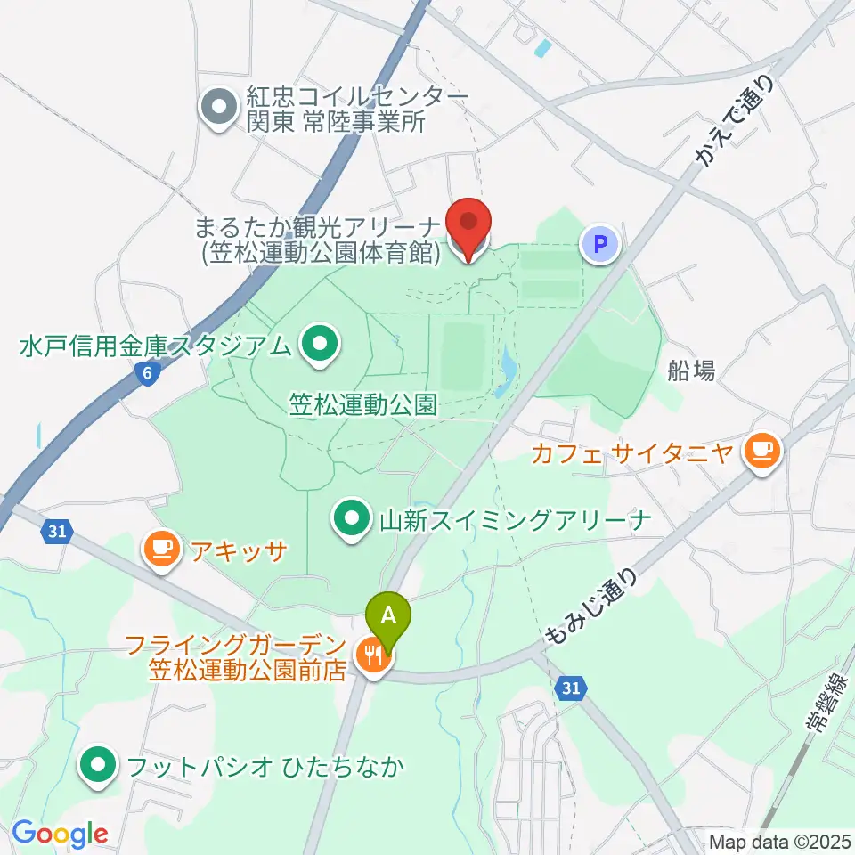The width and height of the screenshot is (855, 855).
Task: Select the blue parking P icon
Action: point(601,243)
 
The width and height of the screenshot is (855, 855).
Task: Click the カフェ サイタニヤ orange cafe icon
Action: point(762,452)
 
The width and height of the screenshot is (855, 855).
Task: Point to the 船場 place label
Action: point(691,371)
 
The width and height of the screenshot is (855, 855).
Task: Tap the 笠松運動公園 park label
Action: point(363,406)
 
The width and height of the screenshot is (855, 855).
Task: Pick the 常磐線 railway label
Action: point(823,704)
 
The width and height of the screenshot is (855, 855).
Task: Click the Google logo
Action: point(60,834)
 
